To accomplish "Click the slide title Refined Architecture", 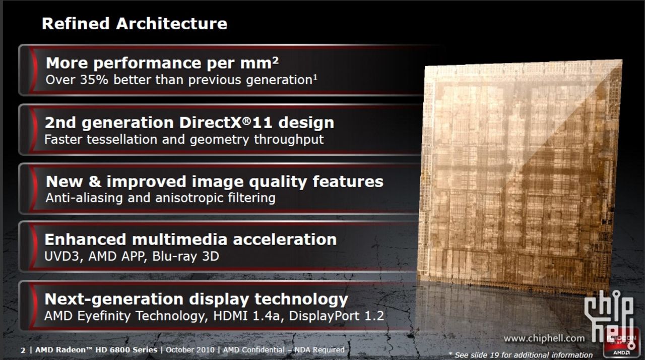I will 134,23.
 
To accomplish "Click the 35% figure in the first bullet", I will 91,80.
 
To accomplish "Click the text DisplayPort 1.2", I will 337,316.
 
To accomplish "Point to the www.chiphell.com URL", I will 544,338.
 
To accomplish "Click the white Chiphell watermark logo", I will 609,313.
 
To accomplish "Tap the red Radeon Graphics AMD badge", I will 623,343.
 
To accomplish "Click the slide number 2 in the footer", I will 23,350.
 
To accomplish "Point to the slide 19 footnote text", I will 521,355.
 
